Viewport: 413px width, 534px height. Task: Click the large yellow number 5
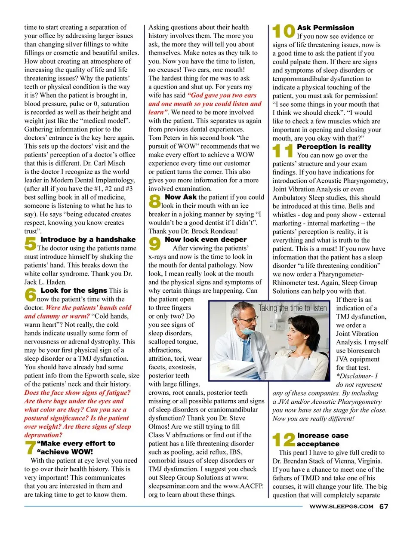pos(30,244)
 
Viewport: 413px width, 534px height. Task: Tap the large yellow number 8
pos(154,201)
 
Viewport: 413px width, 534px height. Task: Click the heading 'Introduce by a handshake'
pos(88,239)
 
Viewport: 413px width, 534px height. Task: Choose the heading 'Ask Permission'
pos(326,28)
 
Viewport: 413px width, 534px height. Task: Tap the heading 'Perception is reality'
pos(334,147)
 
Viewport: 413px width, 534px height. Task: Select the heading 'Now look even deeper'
pos(206,239)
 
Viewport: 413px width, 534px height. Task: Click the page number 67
pos(384,506)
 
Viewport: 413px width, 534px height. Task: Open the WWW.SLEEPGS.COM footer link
pos(341,506)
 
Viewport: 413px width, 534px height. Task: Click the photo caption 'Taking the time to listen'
pos(293,308)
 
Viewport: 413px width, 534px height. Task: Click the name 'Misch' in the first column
pos(117,163)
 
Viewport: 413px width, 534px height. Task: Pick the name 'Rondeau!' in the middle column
pos(223,231)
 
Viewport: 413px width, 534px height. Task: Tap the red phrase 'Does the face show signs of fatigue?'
pos(77,393)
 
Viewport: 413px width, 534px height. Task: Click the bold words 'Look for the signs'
pos(74,291)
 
